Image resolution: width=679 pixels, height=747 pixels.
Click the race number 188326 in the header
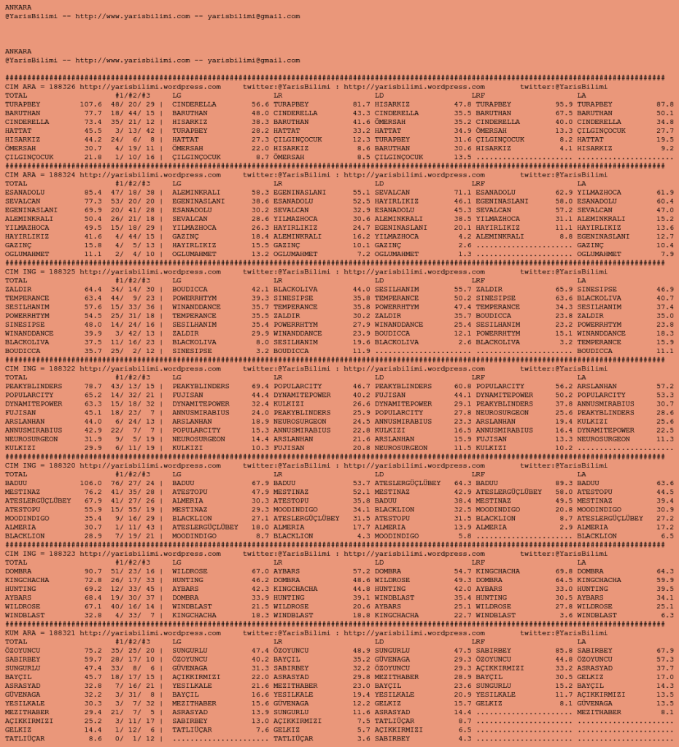[x=61, y=87]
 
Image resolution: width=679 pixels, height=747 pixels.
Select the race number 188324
[x=61, y=175]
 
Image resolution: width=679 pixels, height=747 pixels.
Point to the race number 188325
[x=61, y=272]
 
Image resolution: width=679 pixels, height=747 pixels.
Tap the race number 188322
[x=61, y=368]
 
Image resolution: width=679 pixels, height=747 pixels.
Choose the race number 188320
[x=61, y=465]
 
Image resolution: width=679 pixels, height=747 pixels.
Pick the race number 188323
[x=61, y=554]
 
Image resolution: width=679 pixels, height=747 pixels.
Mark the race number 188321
[x=61, y=633]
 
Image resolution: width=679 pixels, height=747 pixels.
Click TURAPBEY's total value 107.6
[x=91, y=104]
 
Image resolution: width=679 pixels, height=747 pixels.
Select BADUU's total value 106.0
[x=91, y=483]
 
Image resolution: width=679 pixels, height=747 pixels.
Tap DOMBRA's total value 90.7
[x=93, y=571]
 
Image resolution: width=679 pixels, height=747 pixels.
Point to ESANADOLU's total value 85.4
[x=93, y=193]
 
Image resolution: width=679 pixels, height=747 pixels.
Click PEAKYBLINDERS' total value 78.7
[x=93, y=386]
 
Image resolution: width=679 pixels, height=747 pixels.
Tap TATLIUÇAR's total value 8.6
[x=96, y=738]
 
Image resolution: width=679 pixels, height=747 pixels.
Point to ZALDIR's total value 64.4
[x=93, y=290]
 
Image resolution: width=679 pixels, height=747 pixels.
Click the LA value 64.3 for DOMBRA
[x=665, y=571]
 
